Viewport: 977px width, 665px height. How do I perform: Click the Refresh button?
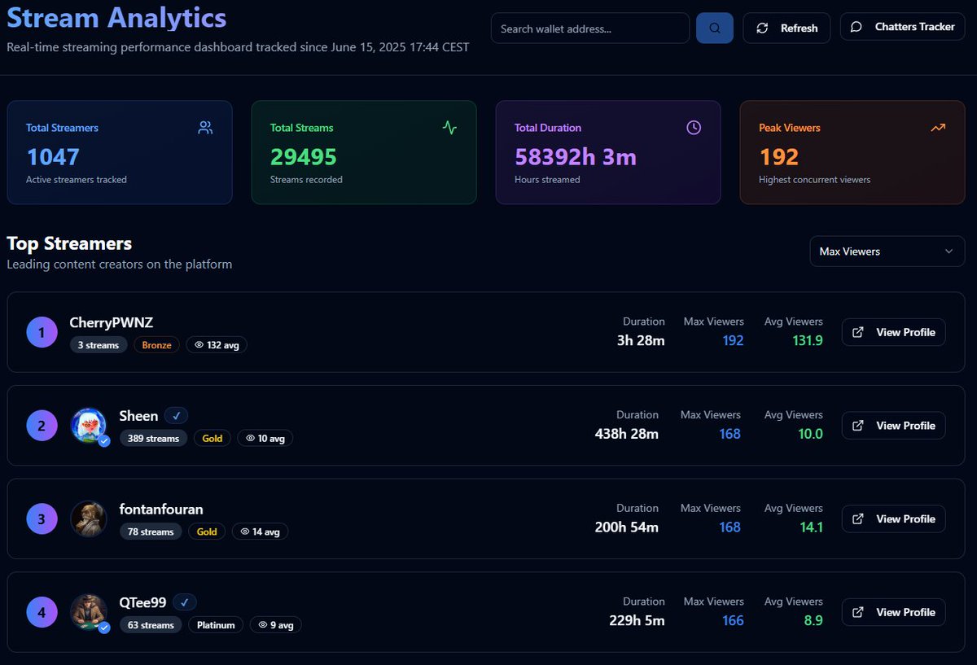[786, 28]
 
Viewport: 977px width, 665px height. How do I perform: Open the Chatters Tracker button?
[902, 27]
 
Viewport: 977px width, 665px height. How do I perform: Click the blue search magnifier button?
[714, 28]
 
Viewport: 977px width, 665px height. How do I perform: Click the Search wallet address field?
[589, 28]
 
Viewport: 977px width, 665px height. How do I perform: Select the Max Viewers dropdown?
[887, 252]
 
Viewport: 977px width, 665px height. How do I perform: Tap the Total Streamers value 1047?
[53, 156]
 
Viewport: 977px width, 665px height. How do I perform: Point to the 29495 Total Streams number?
[303, 156]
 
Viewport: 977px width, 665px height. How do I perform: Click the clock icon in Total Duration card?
[693, 128]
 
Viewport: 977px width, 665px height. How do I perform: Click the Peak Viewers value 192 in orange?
[778, 156]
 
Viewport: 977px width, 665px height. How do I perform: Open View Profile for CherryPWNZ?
[893, 332]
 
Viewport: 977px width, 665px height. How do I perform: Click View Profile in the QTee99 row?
[893, 612]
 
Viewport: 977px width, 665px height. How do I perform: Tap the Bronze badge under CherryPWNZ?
[156, 345]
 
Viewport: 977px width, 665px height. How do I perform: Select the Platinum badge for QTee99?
[216, 625]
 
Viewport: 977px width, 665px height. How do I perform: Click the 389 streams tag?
[153, 438]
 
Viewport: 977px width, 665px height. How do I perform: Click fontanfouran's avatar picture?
[88, 518]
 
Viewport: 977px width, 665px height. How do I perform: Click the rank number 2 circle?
[42, 426]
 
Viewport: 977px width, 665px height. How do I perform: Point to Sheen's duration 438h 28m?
[626, 434]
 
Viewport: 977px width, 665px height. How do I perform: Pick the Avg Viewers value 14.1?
[810, 527]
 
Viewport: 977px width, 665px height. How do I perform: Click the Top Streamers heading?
[69, 243]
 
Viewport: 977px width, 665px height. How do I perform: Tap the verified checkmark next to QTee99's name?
[185, 602]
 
